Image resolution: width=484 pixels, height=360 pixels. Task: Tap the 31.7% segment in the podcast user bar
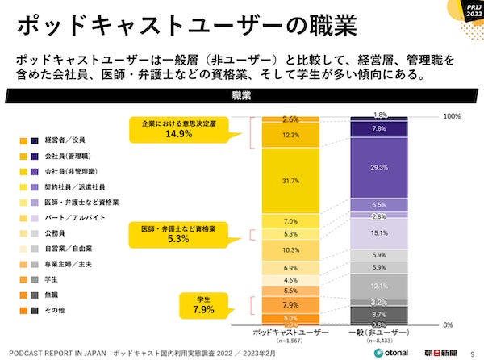tap(291, 180)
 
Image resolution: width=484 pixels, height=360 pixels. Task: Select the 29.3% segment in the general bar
tap(379, 167)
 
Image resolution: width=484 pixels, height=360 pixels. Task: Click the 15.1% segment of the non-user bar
tap(379, 233)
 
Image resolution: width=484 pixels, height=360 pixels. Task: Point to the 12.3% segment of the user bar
tap(291, 135)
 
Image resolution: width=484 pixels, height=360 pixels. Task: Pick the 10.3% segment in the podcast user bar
tap(291, 250)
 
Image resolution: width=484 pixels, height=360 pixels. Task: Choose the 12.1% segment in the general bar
tap(379, 286)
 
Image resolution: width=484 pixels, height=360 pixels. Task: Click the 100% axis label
tap(452, 116)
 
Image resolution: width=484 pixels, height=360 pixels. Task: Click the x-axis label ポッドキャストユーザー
tap(291, 332)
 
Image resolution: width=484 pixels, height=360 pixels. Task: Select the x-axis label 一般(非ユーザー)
tap(379, 332)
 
